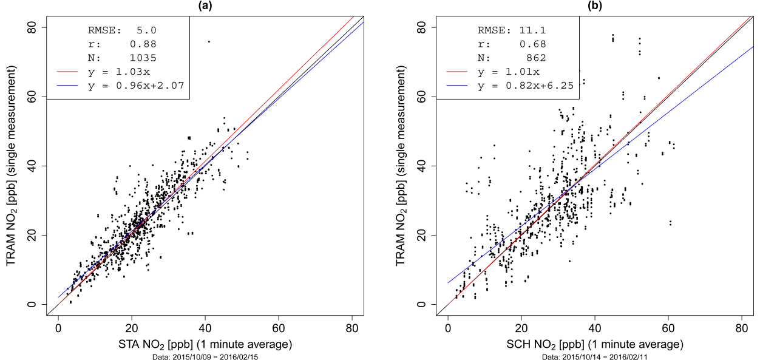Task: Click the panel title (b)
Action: click(594, 5)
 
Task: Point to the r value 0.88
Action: click(143, 44)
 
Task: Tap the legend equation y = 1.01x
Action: click(503, 72)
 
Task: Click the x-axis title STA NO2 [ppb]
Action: click(205, 345)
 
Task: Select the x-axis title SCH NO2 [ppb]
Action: click(594, 345)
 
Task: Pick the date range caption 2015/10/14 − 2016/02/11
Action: click(594, 356)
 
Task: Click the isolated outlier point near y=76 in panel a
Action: click(209, 41)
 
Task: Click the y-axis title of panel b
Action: click(401, 165)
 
